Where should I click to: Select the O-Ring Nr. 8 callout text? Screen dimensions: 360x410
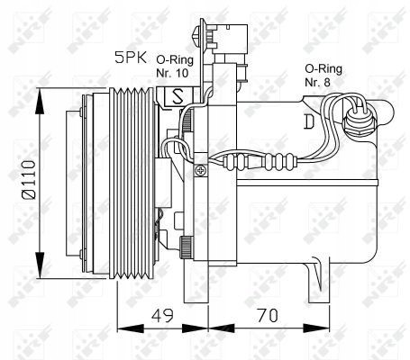pyautogui.click(x=322, y=74)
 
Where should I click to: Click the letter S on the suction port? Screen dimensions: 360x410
pyautogui.click(x=177, y=94)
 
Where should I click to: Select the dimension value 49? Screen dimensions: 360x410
pyautogui.click(x=162, y=315)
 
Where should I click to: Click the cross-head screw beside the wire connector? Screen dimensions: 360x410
pyautogui.click(x=210, y=168)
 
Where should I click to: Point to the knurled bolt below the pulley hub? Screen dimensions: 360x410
pyautogui.click(x=186, y=246)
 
